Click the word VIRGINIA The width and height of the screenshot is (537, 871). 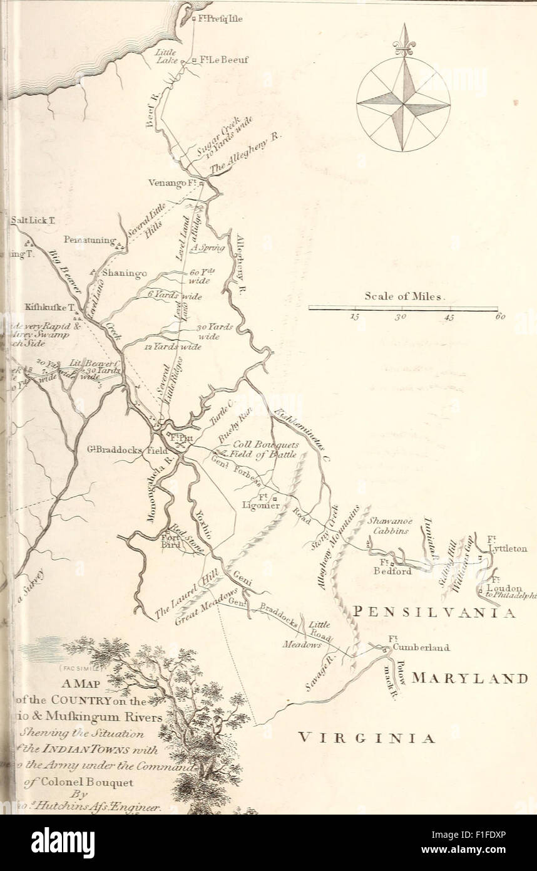[366, 738]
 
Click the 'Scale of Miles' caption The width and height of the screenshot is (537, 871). [404, 296]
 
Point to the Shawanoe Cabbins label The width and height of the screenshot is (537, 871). [387, 526]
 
